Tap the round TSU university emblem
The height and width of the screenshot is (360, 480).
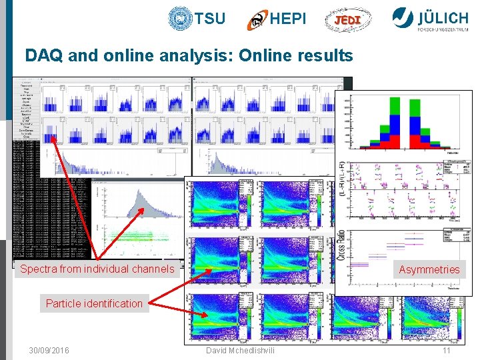point(180,19)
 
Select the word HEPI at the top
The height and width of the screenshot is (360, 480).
point(288,19)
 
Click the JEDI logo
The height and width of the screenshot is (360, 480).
point(347,20)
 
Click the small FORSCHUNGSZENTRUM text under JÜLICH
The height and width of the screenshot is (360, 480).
point(443,29)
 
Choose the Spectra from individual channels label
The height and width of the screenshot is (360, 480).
point(97,269)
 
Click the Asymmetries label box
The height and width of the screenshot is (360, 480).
point(429,269)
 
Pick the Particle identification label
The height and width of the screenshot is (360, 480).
point(94,303)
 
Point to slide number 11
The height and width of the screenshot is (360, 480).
point(446,350)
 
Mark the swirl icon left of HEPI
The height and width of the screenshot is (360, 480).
point(257,20)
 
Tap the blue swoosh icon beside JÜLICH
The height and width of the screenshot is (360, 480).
point(403,17)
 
